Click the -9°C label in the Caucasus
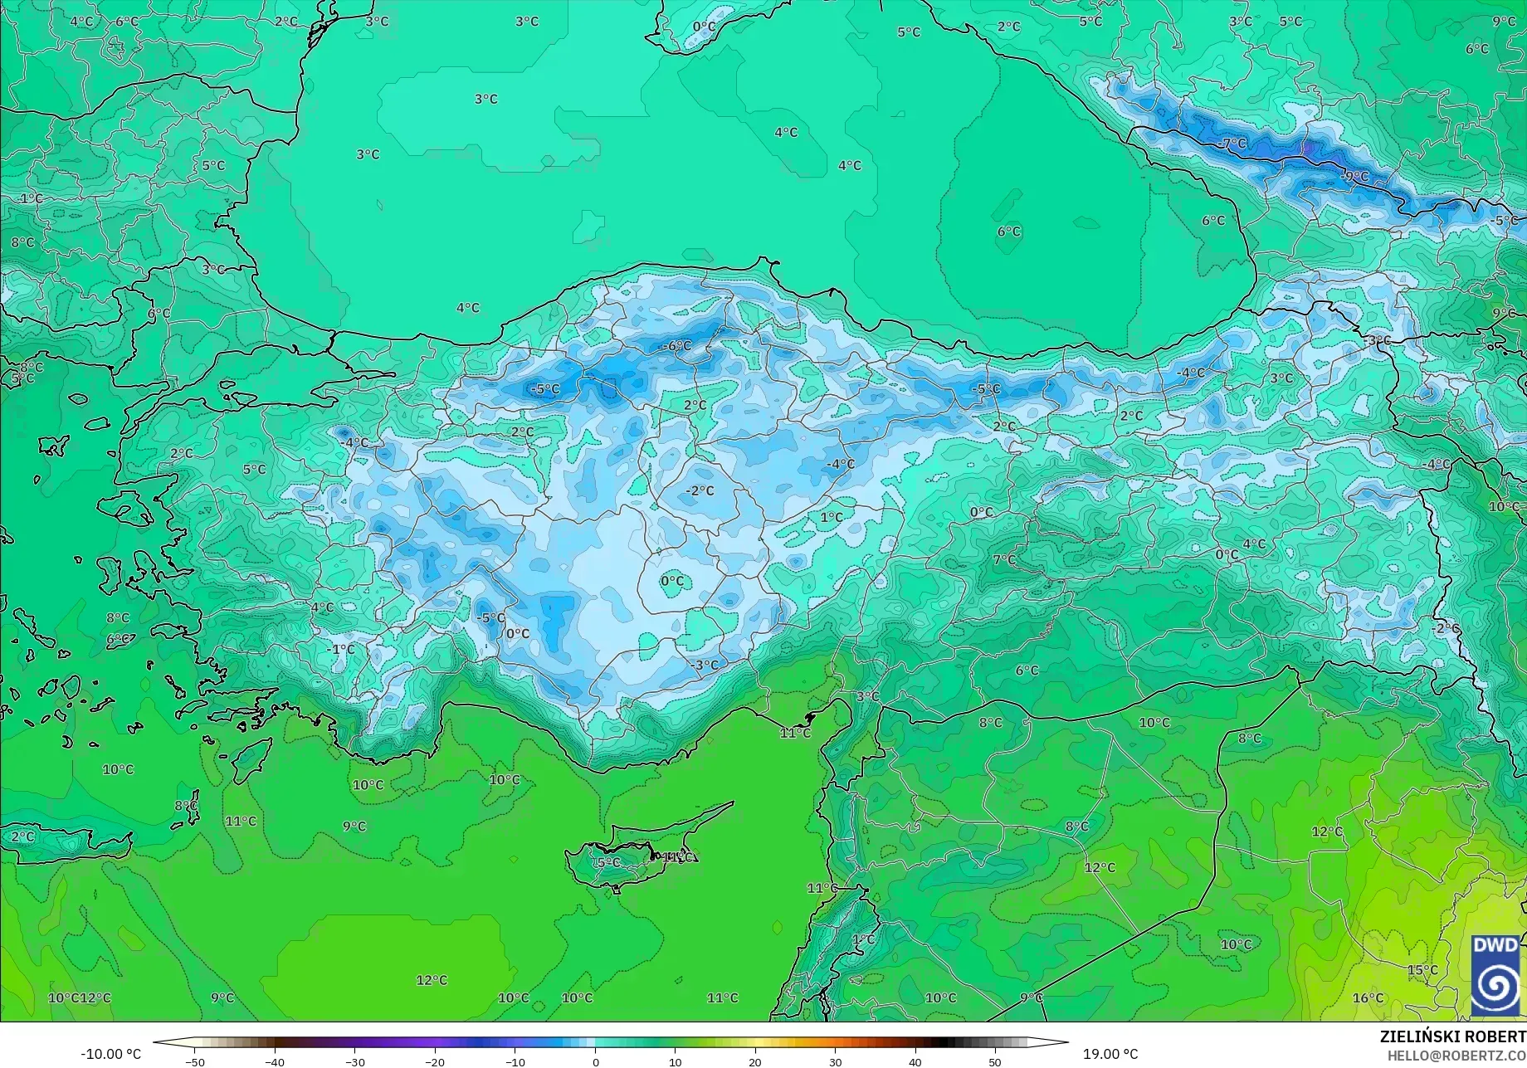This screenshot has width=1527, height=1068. coord(1355,177)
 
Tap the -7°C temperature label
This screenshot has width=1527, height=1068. coord(1234,144)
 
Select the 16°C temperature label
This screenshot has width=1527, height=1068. coord(1368,998)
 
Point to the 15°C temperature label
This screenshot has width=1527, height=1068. coord(1422,970)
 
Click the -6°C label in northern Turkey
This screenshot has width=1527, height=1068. coord(677,346)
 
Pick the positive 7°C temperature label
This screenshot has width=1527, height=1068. coord(1004,560)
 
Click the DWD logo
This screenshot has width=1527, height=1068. coord(1496,975)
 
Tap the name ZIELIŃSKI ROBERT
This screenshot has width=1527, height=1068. coord(1452,1036)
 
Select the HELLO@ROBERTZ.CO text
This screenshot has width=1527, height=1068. coord(1456,1055)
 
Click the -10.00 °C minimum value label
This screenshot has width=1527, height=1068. coord(111,1055)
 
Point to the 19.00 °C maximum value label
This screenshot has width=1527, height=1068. coord(1110,1055)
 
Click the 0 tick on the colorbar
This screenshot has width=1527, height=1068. coord(595,1062)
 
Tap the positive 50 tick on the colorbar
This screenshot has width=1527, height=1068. coord(995,1062)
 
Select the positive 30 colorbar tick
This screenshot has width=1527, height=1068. coord(835,1062)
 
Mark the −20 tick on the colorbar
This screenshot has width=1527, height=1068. coord(435,1062)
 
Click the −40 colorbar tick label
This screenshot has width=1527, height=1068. coord(275,1062)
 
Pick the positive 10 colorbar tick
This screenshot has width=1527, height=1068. coord(675,1062)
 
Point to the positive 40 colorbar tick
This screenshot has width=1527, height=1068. coord(915,1062)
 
